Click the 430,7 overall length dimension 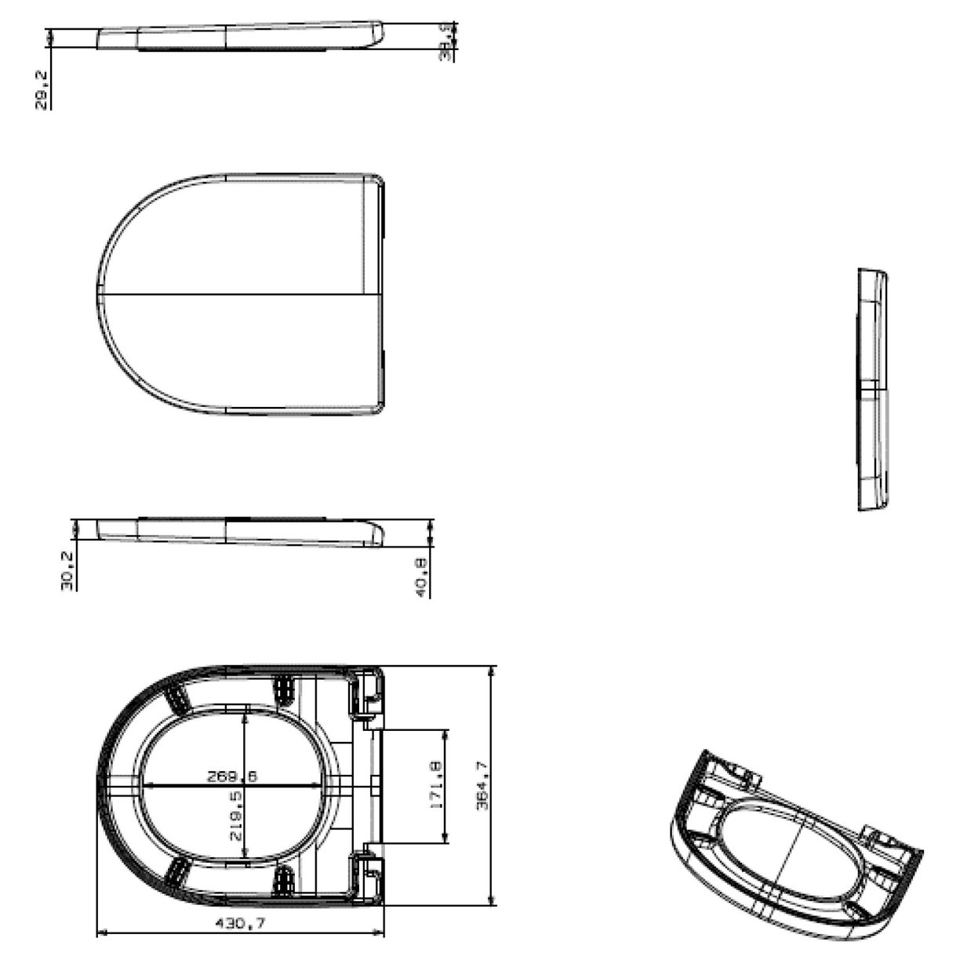click(240, 924)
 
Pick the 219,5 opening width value click(236, 816)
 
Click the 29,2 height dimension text click(42, 89)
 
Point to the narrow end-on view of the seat click(873, 390)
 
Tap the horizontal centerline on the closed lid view click(235, 295)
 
